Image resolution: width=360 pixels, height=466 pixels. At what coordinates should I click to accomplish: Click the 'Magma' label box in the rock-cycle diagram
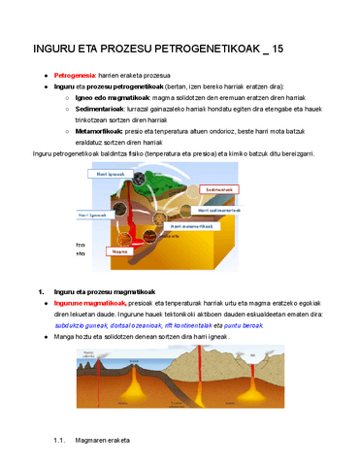(120, 250)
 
